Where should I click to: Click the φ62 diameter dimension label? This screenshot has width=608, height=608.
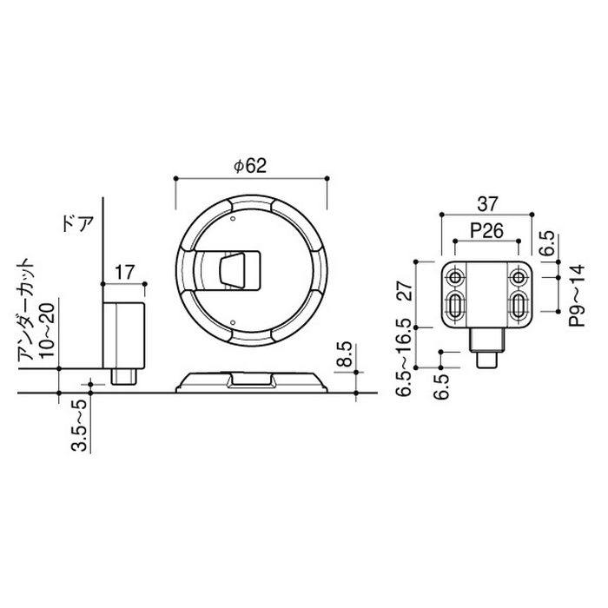coord(251,166)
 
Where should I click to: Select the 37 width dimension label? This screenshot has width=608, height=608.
coord(487,204)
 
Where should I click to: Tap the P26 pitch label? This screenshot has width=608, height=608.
coord(487,231)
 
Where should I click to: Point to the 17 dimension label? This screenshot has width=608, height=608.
coord(124,273)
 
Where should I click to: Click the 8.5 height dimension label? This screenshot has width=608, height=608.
coord(344,354)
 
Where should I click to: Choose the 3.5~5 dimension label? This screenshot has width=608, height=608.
coord(79,426)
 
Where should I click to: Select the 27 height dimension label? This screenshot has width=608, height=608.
coord(404,291)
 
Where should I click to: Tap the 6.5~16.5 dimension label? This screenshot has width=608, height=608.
coord(404,358)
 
